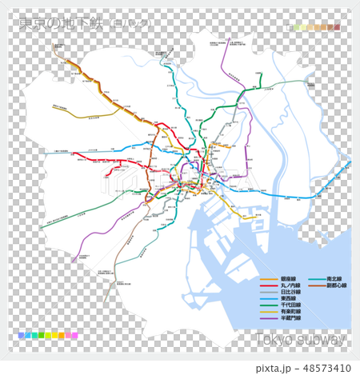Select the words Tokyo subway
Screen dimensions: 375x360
[x=302, y=340]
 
